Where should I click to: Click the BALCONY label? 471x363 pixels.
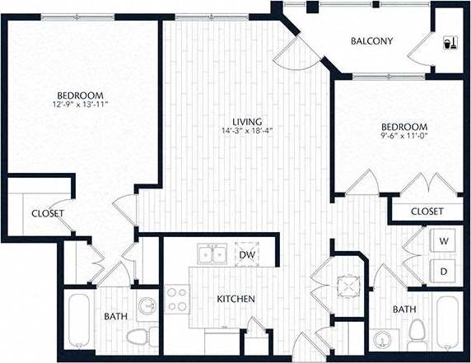pos(371,41)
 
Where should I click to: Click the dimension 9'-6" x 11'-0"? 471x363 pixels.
pos(403,138)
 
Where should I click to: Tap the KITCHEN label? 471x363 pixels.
pos(235,298)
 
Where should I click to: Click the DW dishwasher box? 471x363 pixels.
pos(245,255)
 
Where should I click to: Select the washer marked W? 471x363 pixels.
pos(444,241)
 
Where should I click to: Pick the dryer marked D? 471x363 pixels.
pos(444,270)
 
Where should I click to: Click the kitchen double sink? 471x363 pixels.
pos(211,254)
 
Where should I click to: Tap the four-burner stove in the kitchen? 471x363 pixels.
pos(177,299)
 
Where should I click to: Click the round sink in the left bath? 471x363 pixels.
pos(147,306)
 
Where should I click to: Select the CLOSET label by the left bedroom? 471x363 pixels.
pos(48,214)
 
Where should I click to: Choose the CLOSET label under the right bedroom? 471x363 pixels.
pos(426,212)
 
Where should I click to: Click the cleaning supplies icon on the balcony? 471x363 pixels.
pos(450,40)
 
